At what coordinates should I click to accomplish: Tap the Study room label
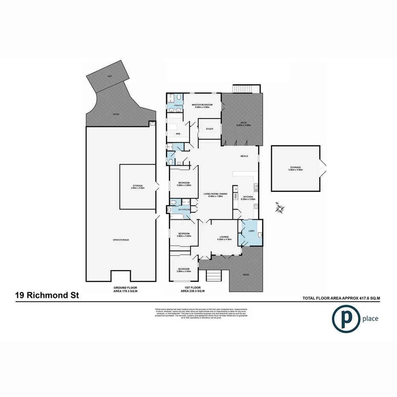point(209,129)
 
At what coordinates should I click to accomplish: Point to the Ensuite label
point(178,105)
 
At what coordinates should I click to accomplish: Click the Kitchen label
point(248,197)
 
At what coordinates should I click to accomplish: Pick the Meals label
point(244,156)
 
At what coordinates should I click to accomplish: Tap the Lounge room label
point(224,237)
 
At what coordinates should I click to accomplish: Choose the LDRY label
point(251,231)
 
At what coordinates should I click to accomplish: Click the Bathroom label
point(184,209)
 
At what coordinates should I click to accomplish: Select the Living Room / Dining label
point(218,194)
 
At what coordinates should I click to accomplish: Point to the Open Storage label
point(121,240)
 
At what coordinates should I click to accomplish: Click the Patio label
point(116,114)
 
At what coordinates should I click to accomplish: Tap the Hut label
point(109,76)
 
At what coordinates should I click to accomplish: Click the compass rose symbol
point(280,208)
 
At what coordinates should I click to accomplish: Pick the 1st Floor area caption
point(193,289)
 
